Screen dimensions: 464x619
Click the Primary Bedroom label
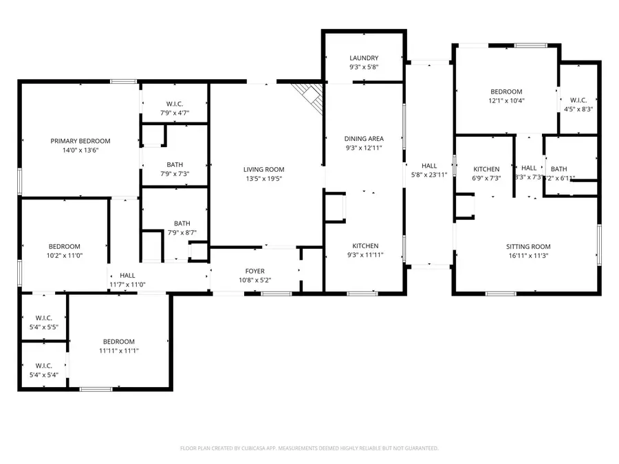(80, 141)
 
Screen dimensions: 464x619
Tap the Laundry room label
(363, 58)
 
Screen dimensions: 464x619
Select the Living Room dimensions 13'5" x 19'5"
(263, 179)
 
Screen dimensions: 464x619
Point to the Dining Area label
(363, 139)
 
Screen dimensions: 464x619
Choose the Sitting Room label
(528, 247)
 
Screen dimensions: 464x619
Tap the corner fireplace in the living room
(311, 96)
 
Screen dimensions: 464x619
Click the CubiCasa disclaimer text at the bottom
(309, 448)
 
